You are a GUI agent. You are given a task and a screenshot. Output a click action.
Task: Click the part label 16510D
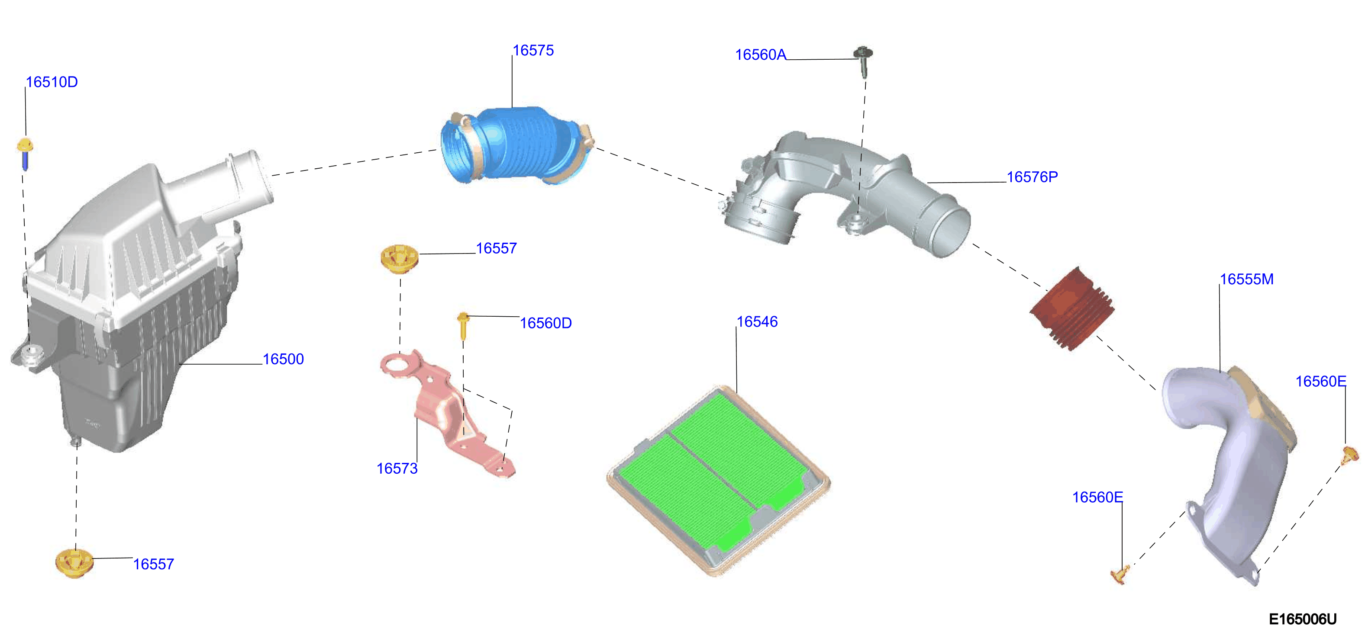coord(52,82)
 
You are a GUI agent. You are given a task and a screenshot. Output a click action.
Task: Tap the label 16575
coord(533,50)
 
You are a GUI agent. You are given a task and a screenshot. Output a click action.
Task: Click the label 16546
coord(757,321)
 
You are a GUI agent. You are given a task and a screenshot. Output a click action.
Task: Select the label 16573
coord(397,468)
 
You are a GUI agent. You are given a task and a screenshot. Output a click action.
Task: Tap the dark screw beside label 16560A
coord(863,61)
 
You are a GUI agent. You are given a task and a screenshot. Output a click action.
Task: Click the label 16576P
coord(1032,177)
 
